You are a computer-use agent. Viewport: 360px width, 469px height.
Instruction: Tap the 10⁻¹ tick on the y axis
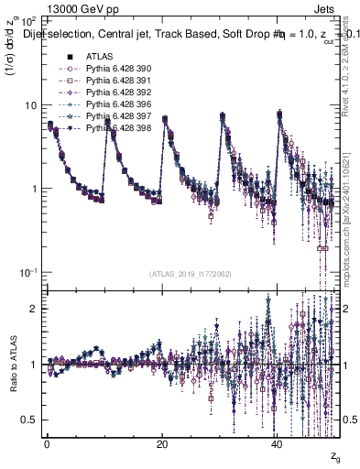click(29, 273)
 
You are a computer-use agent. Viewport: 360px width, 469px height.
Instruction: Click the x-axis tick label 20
click(162, 447)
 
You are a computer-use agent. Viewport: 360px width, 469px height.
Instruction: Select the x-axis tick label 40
click(278, 447)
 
